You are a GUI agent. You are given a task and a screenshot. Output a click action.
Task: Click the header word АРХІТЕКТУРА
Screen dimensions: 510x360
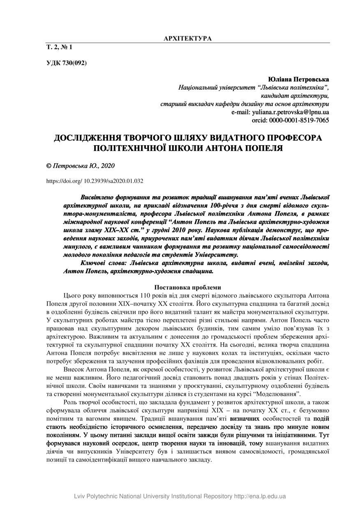pyautogui.click(x=187, y=39)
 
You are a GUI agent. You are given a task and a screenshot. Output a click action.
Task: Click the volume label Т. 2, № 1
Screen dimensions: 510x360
pyautogui.click(x=59, y=47)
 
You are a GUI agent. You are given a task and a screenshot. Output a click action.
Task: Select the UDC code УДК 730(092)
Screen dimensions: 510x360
pyautogui.click(x=66, y=63)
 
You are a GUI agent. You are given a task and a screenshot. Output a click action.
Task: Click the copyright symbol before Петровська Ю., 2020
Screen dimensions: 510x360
pyautogui.click(x=48, y=166)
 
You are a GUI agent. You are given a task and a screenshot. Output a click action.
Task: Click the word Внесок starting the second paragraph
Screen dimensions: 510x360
pyautogui.click(x=75, y=369)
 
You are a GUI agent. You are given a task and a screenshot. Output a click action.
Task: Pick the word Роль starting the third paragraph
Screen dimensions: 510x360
pyautogui.click(x=71, y=402)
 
